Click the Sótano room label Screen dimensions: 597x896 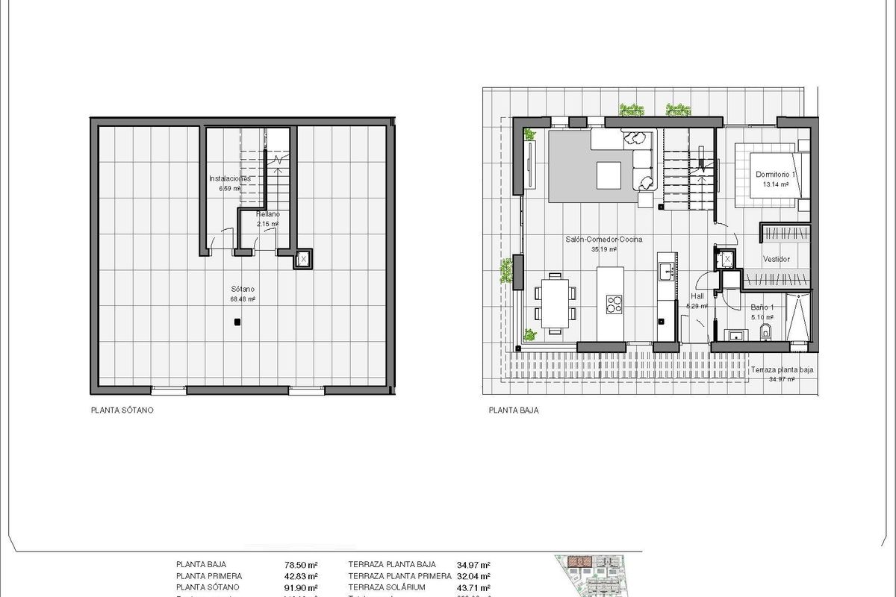click(x=243, y=289)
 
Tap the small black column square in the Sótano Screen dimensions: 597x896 click(x=237, y=322)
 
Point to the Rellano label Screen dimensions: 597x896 click(x=267, y=214)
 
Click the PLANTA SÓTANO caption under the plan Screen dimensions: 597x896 click(x=122, y=410)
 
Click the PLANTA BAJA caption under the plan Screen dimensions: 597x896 click(x=514, y=410)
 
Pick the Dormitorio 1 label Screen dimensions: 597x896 click(x=777, y=174)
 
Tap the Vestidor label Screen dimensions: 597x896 click(x=776, y=260)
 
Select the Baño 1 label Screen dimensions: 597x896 click(x=762, y=307)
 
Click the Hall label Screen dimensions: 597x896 click(x=697, y=296)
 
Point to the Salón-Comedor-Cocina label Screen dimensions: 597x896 click(x=603, y=240)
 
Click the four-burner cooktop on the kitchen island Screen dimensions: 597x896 click(x=614, y=304)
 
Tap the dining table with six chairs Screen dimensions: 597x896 click(x=555, y=302)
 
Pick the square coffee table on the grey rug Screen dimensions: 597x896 click(x=608, y=175)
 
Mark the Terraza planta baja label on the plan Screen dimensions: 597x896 click(x=782, y=370)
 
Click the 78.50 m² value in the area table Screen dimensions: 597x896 click(x=303, y=565)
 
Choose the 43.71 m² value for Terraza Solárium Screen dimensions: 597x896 click(x=473, y=587)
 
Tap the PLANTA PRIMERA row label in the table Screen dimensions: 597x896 click(x=209, y=576)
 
